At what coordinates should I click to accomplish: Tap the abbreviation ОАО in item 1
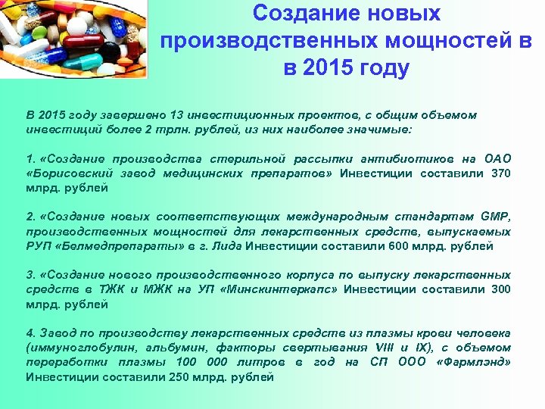(x=496, y=159)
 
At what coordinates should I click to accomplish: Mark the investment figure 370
(x=500, y=173)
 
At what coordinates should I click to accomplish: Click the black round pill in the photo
(x=111, y=51)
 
